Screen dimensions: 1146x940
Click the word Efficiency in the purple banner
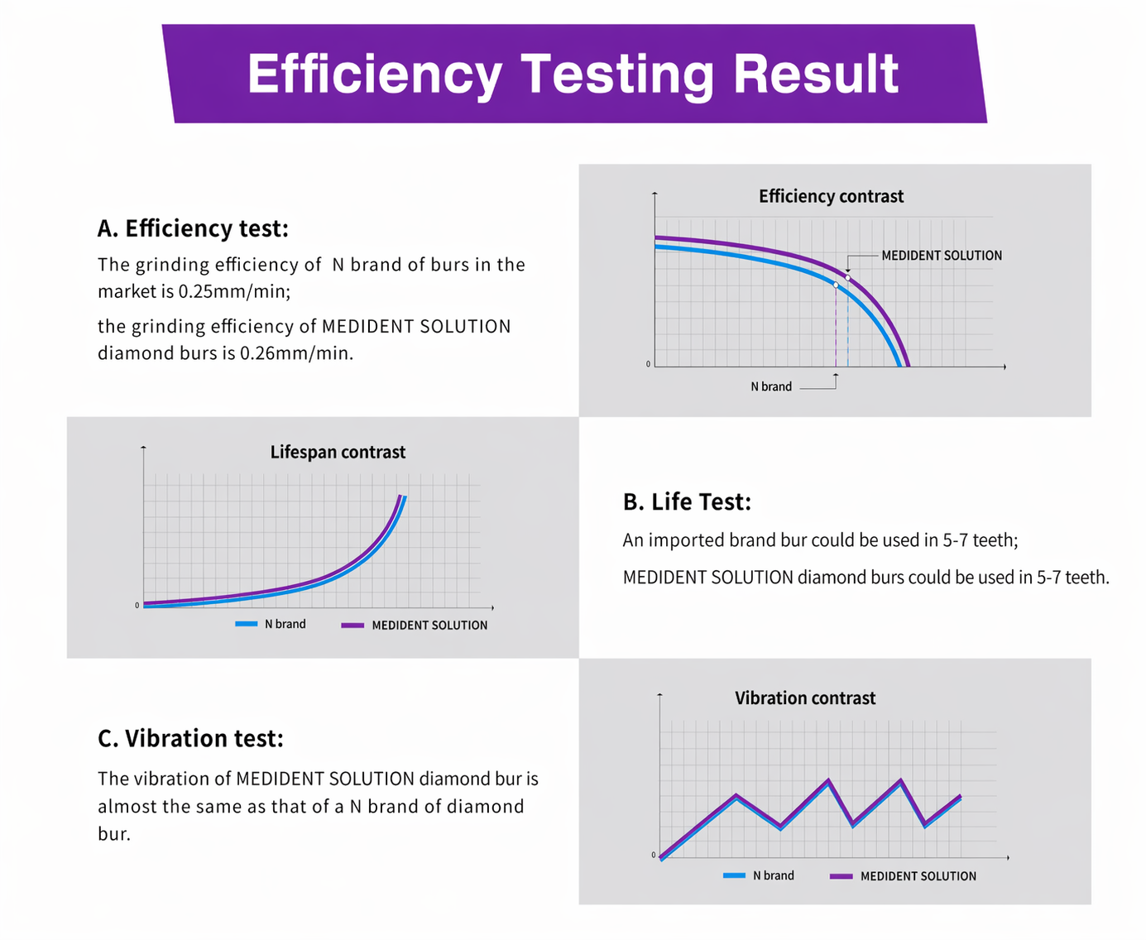[374, 74]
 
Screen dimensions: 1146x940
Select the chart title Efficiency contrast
[831, 196]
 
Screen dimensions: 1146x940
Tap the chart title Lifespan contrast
[338, 452]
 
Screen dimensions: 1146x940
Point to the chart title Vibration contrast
[805, 698]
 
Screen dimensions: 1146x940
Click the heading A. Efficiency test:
[193, 228]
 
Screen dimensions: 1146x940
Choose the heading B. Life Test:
[687, 501]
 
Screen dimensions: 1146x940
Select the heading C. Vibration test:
[191, 738]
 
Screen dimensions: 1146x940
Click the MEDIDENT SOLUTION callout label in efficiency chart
[941, 256]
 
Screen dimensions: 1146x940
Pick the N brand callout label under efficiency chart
[771, 386]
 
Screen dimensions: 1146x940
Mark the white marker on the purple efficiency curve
[847, 278]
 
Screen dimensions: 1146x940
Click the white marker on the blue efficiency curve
[836, 285]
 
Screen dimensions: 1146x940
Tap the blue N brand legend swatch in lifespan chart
[246, 624]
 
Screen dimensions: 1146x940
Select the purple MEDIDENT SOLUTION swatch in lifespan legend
[352, 626]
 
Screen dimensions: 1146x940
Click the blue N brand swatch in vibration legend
[734, 875]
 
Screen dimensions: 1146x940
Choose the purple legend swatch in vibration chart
[842, 876]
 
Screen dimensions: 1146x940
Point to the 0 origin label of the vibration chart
[653, 855]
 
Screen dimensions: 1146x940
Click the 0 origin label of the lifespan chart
[137, 606]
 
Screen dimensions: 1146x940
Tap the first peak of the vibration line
[736, 796]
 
